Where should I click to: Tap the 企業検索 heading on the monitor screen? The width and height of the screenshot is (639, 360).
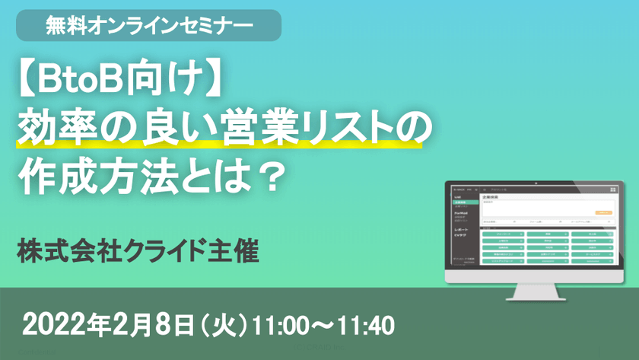tap(491, 196)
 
